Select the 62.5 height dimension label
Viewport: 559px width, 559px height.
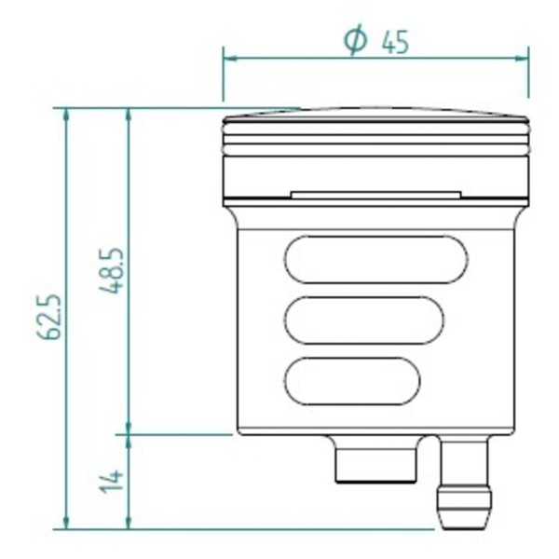53,317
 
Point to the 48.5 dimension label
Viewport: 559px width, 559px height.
115,271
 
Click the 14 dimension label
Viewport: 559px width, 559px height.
114,480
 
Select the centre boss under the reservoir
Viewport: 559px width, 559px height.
374,462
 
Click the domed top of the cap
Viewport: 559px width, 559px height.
375,116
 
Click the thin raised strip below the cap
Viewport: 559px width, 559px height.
375,195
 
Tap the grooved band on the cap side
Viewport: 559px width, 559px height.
375,145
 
